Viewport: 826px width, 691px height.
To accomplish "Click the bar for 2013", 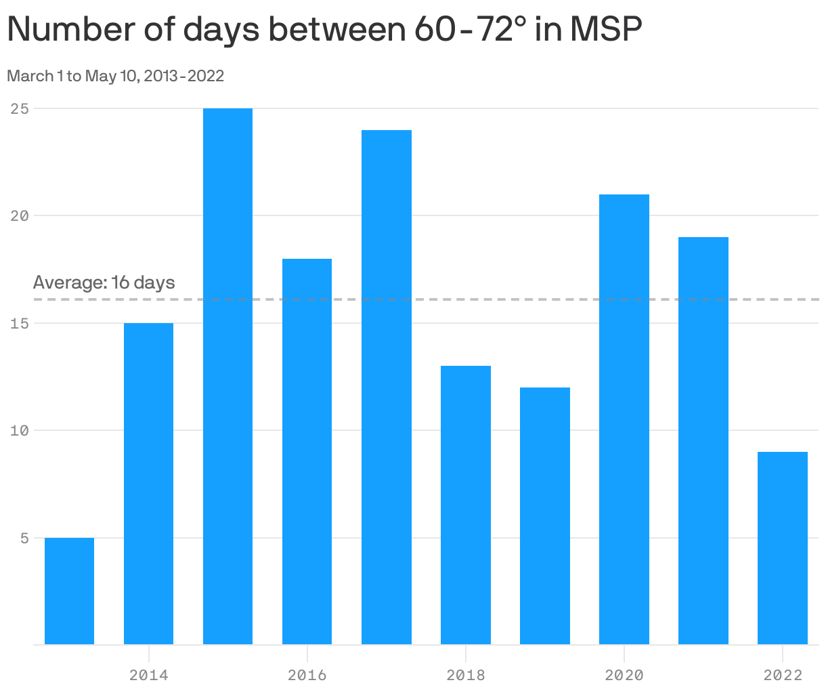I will click(69, 591).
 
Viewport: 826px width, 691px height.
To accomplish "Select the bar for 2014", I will click(148, 484).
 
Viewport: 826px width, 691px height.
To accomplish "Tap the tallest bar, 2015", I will click(227, 376).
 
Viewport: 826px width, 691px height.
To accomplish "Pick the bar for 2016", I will click(307, 451).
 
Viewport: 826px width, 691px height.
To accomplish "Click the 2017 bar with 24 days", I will click(386, 387).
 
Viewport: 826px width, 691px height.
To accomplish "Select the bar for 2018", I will click(465, 505).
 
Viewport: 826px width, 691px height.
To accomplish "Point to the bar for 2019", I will click(544, 516).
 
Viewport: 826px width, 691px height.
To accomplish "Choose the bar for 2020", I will click(624, 419).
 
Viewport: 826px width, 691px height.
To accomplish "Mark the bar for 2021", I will click(703, 440).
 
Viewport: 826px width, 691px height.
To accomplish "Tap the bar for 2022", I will click(782, 547).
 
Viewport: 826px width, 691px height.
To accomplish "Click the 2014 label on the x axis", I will click(148, 675).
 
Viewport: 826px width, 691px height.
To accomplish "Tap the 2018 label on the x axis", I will click(465, 675).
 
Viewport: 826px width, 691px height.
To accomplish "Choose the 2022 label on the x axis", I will click(782, 675).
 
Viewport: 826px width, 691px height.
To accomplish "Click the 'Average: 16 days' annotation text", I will click(104, 282).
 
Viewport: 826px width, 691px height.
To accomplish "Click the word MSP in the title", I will click(605, 30).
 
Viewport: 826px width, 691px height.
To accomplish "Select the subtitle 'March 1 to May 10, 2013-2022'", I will click(115, 76).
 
